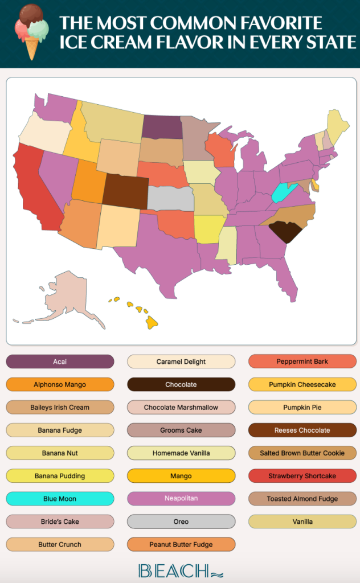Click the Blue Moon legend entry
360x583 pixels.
pyautogui.click(x=60, y=499)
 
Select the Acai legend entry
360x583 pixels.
pyautogui.click(x=60, y=362)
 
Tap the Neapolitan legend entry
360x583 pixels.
pyautogui.click(x=181, y=499)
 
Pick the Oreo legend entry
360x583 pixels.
pyautogui.click(x=181, y=522)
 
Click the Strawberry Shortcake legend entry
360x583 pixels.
pyautogui.click(x=302, y=476)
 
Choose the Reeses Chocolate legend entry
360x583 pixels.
pyautogui.click(x=302, y=430)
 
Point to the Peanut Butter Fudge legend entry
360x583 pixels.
pyautogui.click(x=181, y=544)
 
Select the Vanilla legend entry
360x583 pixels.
pyautogui.click(x=302, y=522)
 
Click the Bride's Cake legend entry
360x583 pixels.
pyautogui.click(x=60, y=522)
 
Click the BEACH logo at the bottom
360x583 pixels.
pyautogui.click(x=180, y=570)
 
